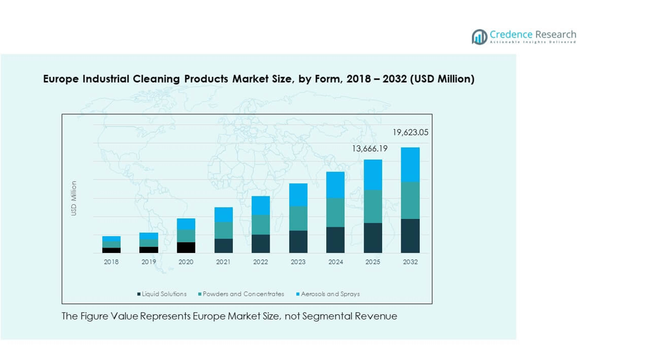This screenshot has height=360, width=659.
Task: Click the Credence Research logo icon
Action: click(479, 37)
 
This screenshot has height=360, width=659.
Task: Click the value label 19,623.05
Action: click(410, 133)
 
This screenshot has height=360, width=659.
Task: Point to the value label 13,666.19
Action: click(369, 149)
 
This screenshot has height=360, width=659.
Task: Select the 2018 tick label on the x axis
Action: click(111, 262)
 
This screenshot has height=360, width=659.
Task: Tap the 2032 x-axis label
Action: click(410, 262)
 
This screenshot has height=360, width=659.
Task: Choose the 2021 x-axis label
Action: click(223, 262)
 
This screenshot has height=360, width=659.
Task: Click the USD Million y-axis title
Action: click(74, 198)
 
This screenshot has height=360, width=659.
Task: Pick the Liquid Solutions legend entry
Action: click(162, 294)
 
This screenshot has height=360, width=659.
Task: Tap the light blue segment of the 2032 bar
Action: click(410, 165)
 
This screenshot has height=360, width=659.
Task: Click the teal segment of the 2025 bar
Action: click(373, 206)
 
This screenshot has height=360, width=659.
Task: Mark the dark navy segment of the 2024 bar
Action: click(335, 240)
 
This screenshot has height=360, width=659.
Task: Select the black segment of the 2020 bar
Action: click(186, 248)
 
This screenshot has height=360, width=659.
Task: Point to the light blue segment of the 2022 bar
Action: click(261, 206)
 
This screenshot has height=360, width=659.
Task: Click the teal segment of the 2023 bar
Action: click(298, 218)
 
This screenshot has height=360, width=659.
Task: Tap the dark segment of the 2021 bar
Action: click(223, 246)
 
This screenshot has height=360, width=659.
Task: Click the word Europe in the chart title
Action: click(61, 79)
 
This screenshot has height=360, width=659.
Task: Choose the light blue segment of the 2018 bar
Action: click(111, 239)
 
